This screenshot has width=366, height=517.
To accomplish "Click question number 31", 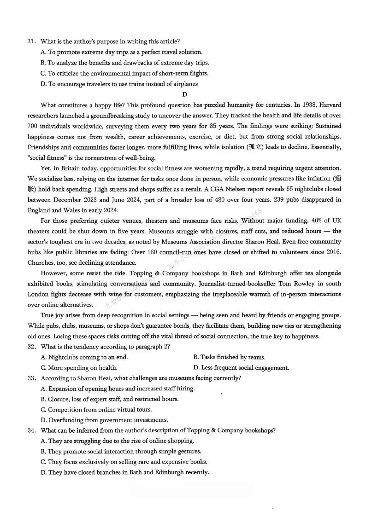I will click(x=31, y=41).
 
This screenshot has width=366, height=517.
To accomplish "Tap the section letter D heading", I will click(x=184, y=94).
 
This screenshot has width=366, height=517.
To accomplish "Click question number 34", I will click(x=31, y=430).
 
